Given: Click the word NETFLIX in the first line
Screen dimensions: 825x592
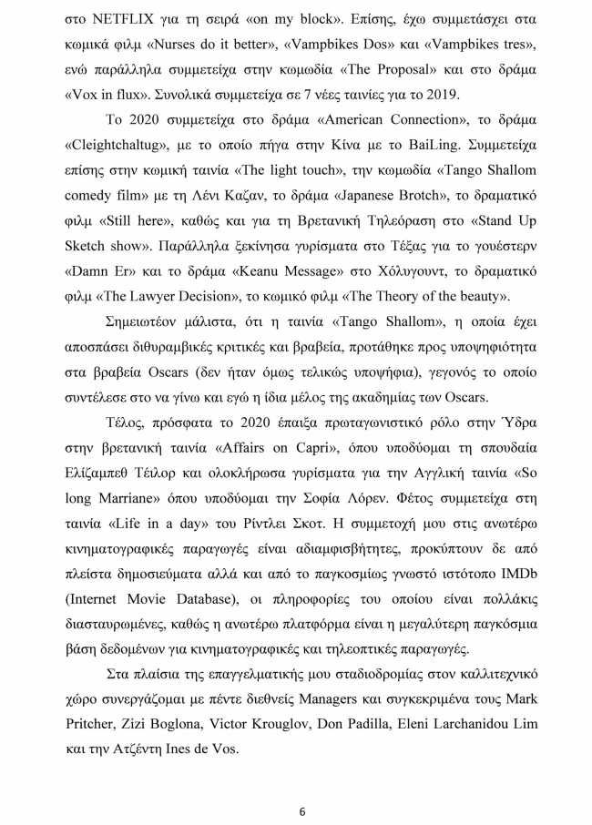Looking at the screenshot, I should tap(118, 19).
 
